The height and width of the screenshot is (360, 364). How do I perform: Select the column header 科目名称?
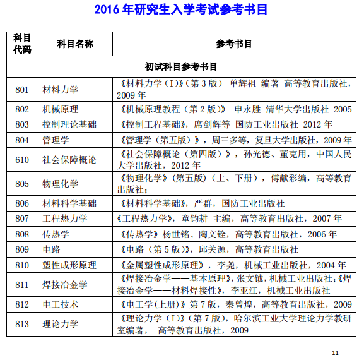(74, 44)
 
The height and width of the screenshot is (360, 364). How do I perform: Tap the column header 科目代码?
(22, 44)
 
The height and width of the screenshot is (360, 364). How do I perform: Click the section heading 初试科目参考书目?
(181, 66)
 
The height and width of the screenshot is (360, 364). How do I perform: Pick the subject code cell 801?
(22, 89)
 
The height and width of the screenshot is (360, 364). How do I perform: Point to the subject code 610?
(22, 160)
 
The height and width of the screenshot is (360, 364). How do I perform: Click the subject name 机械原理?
(61, 109)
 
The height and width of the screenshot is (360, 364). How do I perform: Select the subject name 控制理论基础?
(69, 124)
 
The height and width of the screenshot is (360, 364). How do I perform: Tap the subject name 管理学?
(56, 140)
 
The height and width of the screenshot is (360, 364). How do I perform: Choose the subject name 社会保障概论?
(69, 160)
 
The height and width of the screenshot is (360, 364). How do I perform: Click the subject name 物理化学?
(61, 184)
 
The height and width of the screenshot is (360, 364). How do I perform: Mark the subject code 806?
(22, 203)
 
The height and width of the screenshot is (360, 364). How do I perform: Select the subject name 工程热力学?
(65, 219)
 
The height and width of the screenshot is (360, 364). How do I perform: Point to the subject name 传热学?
(56, 234)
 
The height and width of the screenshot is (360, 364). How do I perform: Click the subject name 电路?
(52, 249)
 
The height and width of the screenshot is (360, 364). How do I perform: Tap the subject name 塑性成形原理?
(69, 265)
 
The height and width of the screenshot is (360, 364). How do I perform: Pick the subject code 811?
(22, 285)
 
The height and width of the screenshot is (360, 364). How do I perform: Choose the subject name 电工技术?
(61, 304)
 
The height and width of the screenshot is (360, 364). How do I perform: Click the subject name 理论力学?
(61, 325)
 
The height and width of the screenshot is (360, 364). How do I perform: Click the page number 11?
(335, 352)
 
